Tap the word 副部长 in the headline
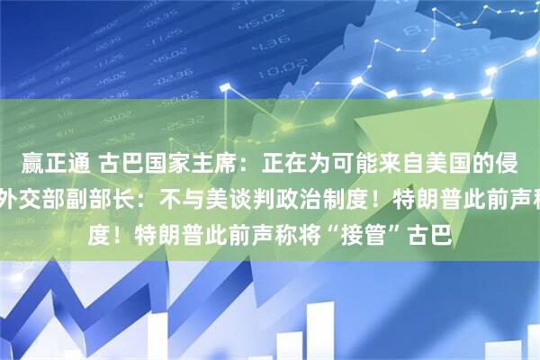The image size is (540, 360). (x=99, y=189)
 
